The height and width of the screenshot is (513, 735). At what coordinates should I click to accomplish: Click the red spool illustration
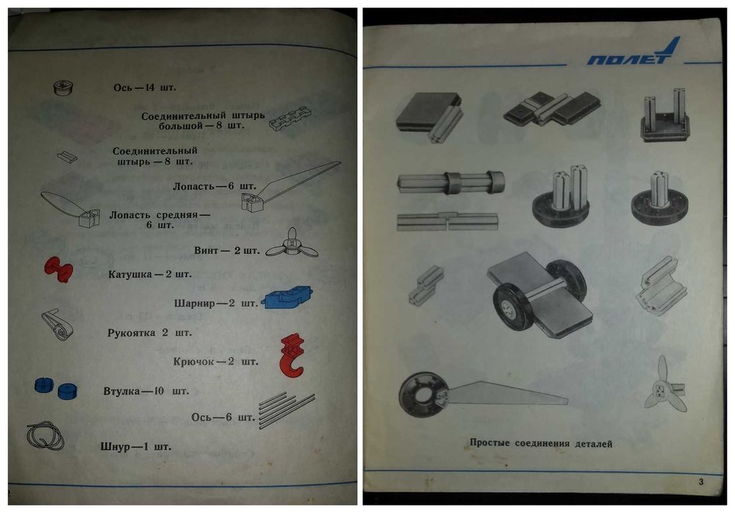coord(59,270)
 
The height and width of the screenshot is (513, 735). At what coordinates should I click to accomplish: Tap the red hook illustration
coord(292,356)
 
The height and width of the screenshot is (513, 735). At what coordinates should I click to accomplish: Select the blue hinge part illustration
coord(287,297)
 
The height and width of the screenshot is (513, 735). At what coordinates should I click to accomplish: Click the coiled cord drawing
coord(46,435)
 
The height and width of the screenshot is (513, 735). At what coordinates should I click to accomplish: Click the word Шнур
coord(115,446)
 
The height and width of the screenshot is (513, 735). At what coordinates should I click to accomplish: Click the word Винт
coord(207,251)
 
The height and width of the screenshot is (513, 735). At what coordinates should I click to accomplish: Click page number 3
coord(700,481)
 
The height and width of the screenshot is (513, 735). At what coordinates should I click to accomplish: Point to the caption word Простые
coord(490,443)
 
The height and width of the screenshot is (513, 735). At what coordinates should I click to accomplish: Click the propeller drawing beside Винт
coord(292,244)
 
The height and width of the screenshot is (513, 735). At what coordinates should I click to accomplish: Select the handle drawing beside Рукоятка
coord(57,324)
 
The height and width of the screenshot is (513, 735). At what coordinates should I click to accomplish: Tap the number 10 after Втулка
coord(159,391)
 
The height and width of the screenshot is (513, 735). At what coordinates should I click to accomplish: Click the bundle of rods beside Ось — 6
coord(287,410)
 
